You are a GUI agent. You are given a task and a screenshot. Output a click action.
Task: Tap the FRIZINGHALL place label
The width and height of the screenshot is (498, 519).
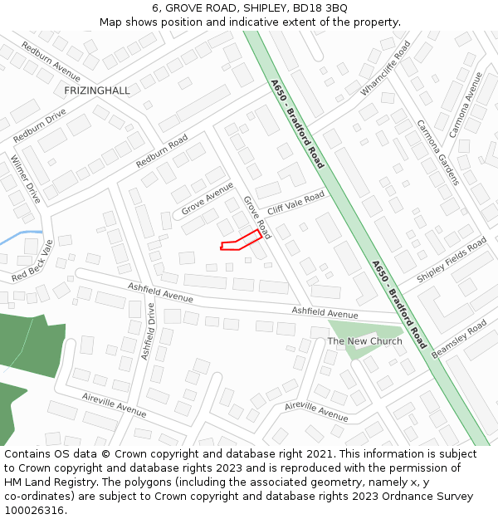coord(97,90)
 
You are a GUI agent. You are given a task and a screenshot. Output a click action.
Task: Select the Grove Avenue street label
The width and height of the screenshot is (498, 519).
coord(207,199)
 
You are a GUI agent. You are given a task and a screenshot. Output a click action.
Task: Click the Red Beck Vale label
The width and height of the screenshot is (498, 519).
coord(32,259)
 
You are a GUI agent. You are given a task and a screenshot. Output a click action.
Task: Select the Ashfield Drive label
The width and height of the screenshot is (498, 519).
coord(148,330)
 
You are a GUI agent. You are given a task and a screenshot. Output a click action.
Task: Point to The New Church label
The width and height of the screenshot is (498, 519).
coord(364,341)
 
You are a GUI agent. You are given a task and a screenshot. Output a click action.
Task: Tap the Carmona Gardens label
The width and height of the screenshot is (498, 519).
coord(437,152)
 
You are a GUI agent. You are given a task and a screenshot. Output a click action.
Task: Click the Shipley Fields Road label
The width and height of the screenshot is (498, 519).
coord(452,260)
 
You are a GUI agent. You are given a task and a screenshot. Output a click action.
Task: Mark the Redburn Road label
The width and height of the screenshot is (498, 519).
coord(162,151)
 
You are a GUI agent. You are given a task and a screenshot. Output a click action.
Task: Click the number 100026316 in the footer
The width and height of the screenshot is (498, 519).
coord(34,510)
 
